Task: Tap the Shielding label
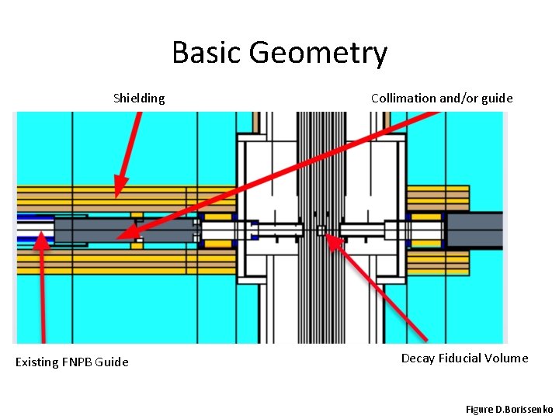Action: [139, 98]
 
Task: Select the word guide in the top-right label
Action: [498, 98]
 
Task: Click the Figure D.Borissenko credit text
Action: [509, 408]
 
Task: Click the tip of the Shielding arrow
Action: [116, 194]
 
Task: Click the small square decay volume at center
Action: [321, 230]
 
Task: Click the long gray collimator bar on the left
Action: [124, 230]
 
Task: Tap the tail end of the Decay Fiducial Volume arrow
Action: [425, 339]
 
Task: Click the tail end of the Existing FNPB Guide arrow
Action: [42, 341]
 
